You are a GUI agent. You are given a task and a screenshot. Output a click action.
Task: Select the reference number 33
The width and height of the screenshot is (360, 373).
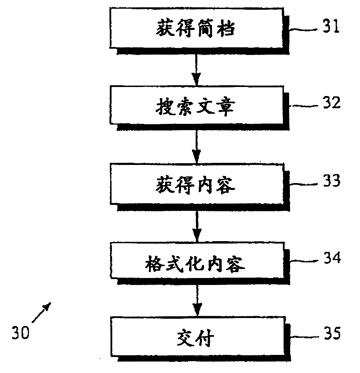pyautogui.click(x=330, y=181)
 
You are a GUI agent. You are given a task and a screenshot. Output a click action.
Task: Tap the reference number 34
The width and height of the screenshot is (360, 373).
pyautogui.click(x=330, y=259)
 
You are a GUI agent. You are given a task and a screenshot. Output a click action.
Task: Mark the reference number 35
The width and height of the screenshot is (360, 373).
pyautogui.click(x=330, y=334)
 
